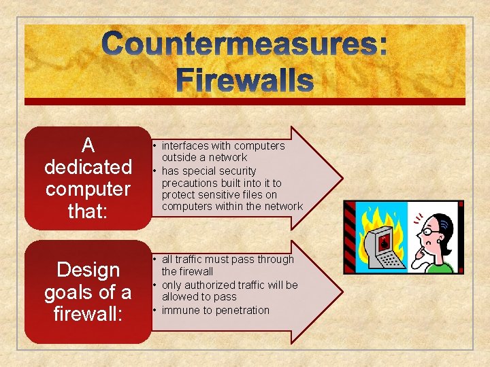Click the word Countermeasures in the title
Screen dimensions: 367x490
pos(245,45)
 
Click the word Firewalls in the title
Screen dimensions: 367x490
pos(245,80)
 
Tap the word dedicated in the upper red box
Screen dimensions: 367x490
pos(88,167)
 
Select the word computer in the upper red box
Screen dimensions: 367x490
pos(88,188)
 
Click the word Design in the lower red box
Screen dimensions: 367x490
pos(88,270)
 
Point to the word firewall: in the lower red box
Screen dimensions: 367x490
pos(88,315)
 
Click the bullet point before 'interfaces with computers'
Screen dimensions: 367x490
pos(155,146)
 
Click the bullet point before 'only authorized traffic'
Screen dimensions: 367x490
pos(155,285)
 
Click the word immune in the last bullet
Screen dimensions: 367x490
pos(178,310)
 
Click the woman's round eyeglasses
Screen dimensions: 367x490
pos(430,232)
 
